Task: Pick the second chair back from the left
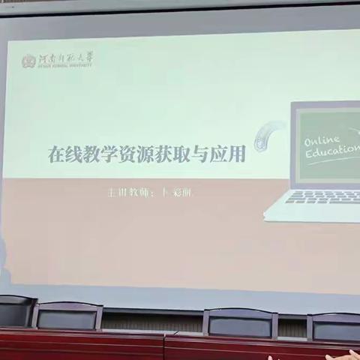(x=68, y=315)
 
